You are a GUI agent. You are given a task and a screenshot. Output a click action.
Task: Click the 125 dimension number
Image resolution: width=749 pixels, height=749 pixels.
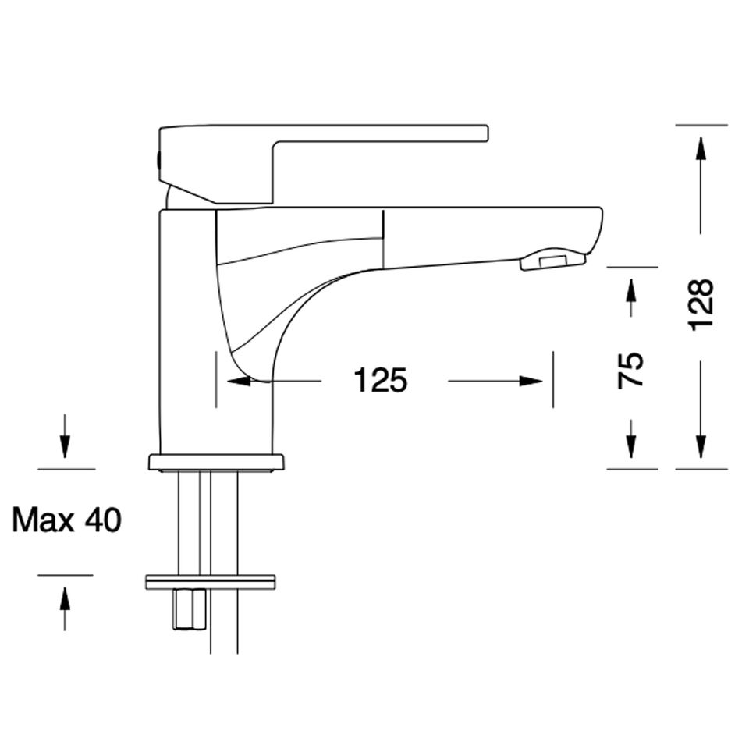(381, 380)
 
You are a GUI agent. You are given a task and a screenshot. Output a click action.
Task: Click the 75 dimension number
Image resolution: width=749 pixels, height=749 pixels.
(630, 370)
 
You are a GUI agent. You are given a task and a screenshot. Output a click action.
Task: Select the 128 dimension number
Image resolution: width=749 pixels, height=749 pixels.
(701, 304)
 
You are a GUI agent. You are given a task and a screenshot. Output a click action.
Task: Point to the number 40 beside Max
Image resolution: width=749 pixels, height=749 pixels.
(103, 520)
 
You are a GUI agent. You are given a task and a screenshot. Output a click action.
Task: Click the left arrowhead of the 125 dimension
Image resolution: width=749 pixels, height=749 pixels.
(239, 381)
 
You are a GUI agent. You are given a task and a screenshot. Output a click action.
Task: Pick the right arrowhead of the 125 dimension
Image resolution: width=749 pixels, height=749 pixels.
(531, 381)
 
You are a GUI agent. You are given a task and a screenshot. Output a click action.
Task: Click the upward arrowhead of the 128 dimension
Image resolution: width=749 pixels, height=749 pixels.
(701, 149)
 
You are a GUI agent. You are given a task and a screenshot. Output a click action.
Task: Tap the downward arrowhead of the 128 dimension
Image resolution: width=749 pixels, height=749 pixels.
(701, 446)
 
